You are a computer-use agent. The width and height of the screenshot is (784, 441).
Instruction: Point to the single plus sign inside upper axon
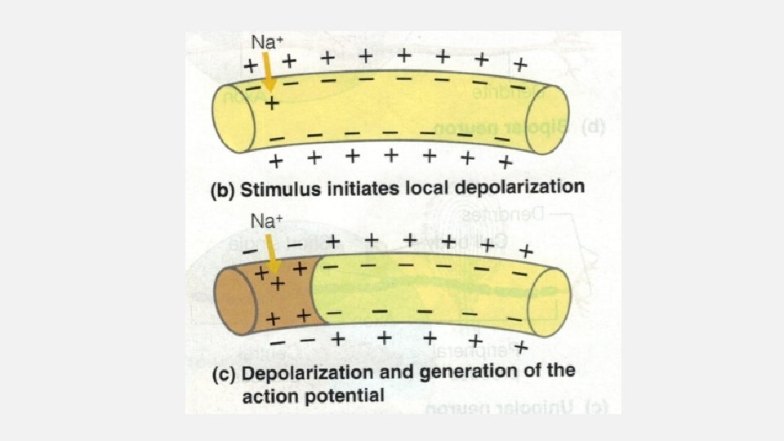(x=271, y=104)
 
